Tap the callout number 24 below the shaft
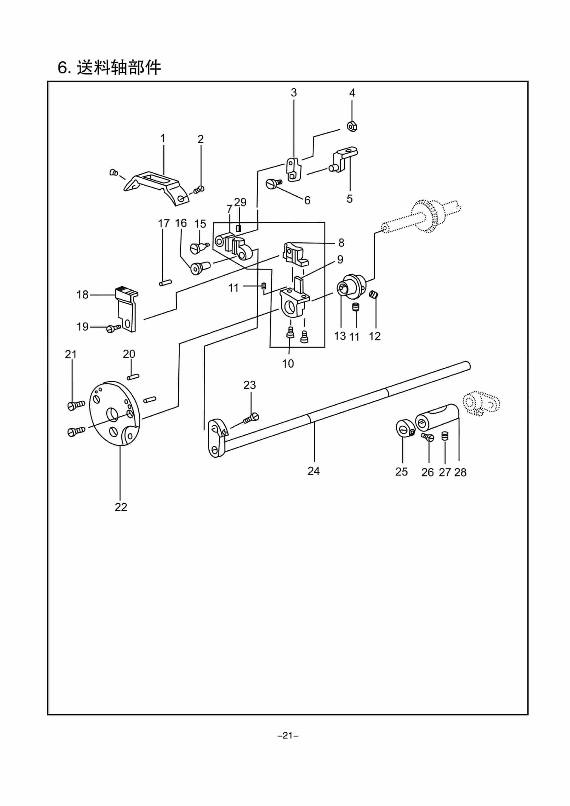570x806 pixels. (314, 471)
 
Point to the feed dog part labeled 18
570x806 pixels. (126, 309)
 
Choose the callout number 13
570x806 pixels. (340, 336)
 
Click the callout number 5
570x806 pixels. (349, 199)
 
